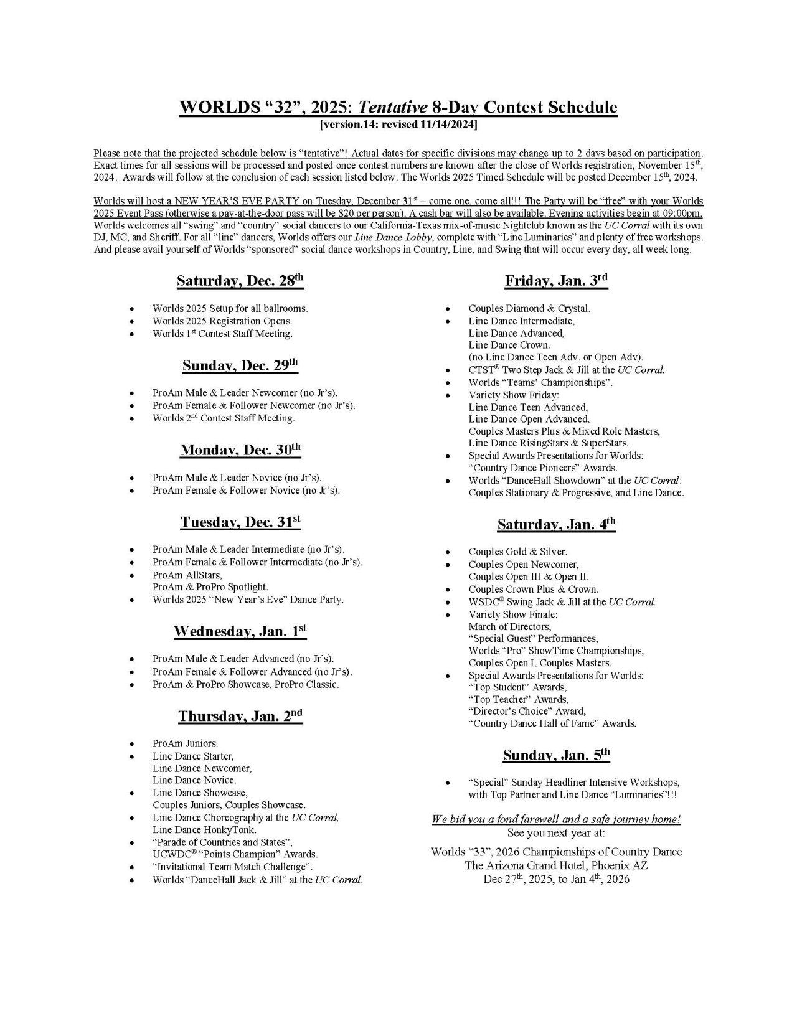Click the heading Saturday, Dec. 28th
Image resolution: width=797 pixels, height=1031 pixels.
click(240, 281)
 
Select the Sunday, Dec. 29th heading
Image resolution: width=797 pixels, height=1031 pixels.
click(240, 365)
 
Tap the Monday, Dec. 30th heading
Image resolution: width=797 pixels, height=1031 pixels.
click(240, 450)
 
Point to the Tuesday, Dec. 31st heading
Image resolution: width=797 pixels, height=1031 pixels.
click(240, 522)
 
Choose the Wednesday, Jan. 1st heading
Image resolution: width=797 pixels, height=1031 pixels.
click(240, 631)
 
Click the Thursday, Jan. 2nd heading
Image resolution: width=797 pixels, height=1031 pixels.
click(240, 716)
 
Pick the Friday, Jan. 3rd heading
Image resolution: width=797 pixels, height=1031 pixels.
click(556, 281)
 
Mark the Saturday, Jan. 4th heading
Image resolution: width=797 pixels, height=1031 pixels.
click(556, 524)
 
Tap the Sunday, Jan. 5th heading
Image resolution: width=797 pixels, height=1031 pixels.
click(556, 755)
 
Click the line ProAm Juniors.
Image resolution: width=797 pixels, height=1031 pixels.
click(185, 743)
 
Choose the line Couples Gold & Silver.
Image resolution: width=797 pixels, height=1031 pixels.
click(517, 552)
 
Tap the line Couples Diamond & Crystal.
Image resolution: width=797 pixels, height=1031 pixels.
click(529, 308)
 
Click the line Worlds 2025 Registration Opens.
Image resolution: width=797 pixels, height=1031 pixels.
click(222, 321)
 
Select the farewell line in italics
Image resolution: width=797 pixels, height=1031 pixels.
click(556, 819)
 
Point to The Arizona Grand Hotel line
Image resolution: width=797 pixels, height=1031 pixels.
click(556, 865)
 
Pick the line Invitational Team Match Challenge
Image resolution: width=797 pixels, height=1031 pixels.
click(232, 867)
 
